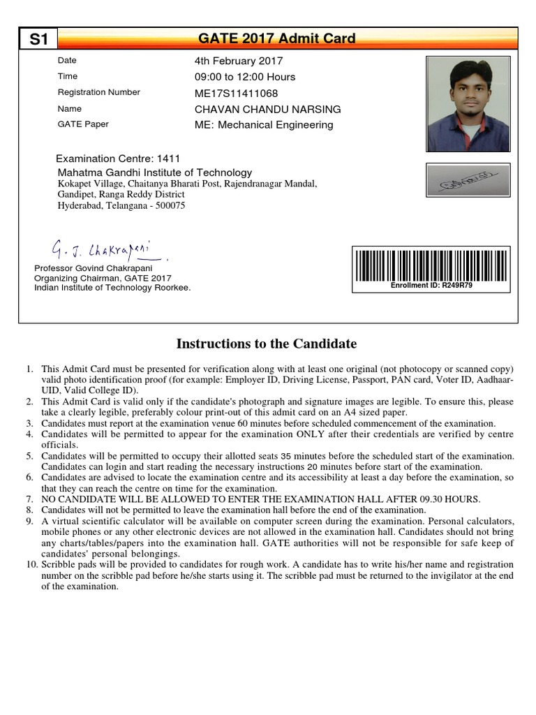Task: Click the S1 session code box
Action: click(x=38, y=39)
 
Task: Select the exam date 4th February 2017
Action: click(x=238, y=61)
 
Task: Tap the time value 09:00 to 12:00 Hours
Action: click(x=244, y=77)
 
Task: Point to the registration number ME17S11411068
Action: click(x=236, y=93)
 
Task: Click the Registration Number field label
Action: click(x=98, y=92)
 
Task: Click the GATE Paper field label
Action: click(x=83, y=124)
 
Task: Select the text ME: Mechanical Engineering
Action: click(x=264, y=125)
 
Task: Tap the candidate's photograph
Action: click(x=467, y=104)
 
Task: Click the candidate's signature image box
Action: click(x=468, y=180)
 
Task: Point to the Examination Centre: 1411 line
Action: click(x=118, y=159)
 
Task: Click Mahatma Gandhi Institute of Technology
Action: click(x=154, y=172)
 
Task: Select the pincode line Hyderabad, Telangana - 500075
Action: click(x=121, y=206)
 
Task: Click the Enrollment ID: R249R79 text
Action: click(x=432, y=286)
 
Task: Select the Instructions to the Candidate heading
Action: click(x=267, y=344)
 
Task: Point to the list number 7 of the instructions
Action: click(x=29, y=499)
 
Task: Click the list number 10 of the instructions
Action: click(x=28, y=564)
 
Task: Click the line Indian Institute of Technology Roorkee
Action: click(x=112, y=288)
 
